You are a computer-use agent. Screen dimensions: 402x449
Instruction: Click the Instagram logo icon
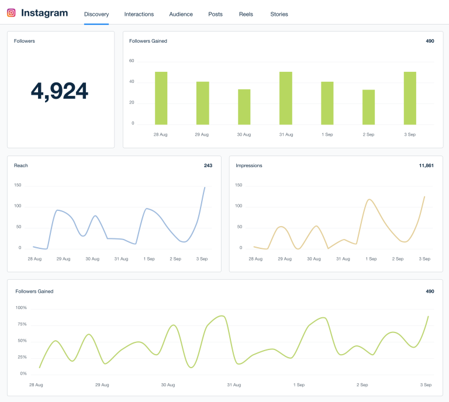tap(11, 13)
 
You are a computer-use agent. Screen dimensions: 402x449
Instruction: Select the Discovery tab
tap(96, 14)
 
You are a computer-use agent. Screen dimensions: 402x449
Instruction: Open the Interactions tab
tap(139, 14)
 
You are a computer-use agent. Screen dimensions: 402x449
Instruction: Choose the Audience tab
tap(181, 14)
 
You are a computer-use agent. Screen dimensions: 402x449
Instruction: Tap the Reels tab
tap(246, 14)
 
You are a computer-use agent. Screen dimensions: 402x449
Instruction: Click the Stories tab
tap(279, 14)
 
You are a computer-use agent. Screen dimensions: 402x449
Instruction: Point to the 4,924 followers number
tap(60, 91)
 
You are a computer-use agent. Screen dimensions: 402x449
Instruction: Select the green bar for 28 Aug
tap(161, 98)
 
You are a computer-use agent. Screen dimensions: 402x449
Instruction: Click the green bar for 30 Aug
tap(244, 106)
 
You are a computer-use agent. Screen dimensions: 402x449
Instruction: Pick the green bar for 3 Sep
tap(410, 98)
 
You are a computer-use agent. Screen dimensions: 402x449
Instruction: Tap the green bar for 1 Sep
tap(327, 103)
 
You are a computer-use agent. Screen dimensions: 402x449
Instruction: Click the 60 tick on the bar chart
tap(132, 61)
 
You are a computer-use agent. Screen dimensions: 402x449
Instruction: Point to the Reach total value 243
tap(208, 165)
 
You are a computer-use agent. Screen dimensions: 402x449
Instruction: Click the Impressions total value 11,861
tap(426, 165)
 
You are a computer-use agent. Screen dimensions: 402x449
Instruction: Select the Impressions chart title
tap(249, 165)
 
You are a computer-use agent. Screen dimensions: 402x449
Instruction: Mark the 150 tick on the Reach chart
tap(18, 185)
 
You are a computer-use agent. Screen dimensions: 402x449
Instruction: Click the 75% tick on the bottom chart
tap(21, 324)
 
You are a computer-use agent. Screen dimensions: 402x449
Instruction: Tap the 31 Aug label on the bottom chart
tap(234, 385)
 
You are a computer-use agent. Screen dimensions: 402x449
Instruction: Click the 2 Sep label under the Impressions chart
tap(397, 258)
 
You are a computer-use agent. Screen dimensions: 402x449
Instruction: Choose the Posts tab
tap(215, 14)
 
